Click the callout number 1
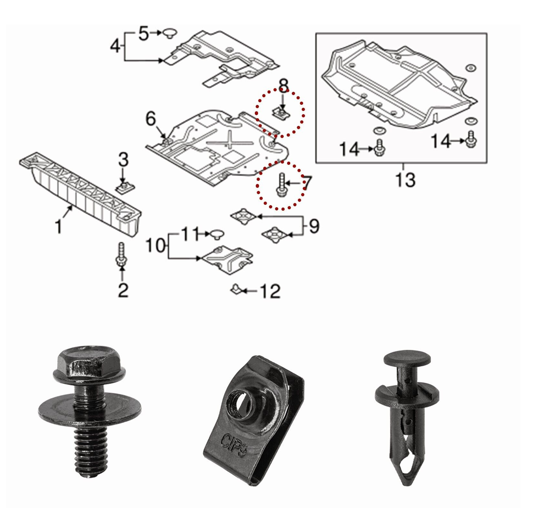click(x=59, y=226)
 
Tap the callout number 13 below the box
click(x=405, y=180)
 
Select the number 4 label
click(x=115, y=46)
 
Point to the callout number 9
click(x=313, y=226)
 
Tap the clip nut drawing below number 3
click(x=124, y=187)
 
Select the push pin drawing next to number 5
click(x=168, y=34)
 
